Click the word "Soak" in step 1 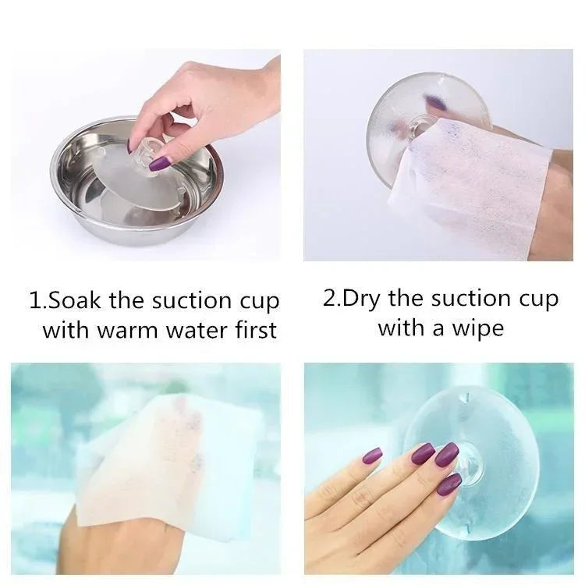tap(75, 301)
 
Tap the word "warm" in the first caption tap(128, 330)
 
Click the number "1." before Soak tap(38, 301)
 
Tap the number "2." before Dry tap(331, 299)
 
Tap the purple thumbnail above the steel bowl tap(159, 164)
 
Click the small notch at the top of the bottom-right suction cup tap(463, 398)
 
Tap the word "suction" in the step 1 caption tap(193, 301)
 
